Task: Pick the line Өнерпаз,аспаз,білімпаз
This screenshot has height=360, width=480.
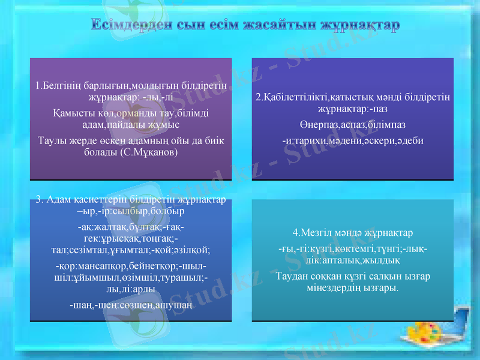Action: click(352, 124)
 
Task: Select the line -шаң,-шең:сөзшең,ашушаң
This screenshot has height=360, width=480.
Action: click(131, 305)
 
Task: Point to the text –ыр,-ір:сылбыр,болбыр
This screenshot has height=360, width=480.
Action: click(131, 212)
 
